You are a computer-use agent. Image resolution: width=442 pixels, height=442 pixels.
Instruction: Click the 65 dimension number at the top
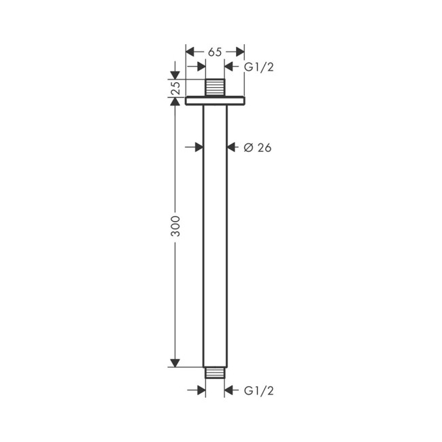point(215,52)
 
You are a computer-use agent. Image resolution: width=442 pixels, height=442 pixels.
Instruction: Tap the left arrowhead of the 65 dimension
point(190,52)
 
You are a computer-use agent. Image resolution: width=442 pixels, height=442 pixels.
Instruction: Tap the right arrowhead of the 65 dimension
point(239,52)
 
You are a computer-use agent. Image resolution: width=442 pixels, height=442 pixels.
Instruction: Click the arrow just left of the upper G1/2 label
point(230,66)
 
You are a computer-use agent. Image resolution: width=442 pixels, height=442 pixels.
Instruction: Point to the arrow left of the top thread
point(200,66)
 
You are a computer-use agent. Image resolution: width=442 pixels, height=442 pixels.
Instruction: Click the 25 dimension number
point(175,88)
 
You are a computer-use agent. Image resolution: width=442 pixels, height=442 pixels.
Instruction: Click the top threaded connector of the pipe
point(215,88)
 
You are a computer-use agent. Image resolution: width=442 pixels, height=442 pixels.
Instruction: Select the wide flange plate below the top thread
point(215,101)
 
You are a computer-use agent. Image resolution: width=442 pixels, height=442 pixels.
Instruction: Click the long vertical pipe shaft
point(215,231)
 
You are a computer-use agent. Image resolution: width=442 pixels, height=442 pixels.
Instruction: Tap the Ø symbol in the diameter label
point(248,147)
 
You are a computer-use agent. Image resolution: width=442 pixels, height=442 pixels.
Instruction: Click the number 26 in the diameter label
point(264,147)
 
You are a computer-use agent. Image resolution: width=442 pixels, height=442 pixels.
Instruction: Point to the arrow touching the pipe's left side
point(198,147)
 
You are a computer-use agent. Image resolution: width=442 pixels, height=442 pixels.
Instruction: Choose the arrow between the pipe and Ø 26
point(231,147)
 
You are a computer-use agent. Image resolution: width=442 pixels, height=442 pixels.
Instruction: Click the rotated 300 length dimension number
point(175,227)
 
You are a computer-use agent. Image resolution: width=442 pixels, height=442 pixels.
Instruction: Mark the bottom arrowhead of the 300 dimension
point(175,362)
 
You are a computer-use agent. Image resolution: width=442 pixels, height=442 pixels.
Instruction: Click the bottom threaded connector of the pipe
point(215,373)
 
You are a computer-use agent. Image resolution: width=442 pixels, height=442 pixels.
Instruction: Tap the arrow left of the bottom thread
point(200,390)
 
